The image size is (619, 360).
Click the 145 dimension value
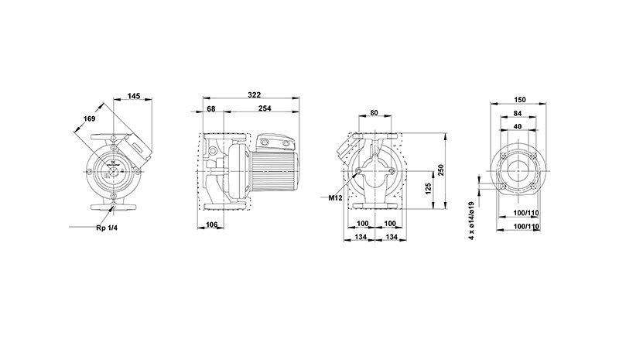tap(134, 96)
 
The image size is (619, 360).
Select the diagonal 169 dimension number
tap(89, 118)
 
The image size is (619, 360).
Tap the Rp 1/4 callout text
tap(107, 228)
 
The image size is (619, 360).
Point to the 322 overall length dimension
tap(255, 95)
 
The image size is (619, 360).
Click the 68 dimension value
tap(211, 108)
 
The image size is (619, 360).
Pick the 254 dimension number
tap(265, 108)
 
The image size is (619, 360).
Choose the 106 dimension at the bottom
tap(212, 225)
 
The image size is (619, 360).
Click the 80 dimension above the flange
tap(374, 112)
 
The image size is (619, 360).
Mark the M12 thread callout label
tap(336, 198)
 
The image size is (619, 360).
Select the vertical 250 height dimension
tap(441, 170)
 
